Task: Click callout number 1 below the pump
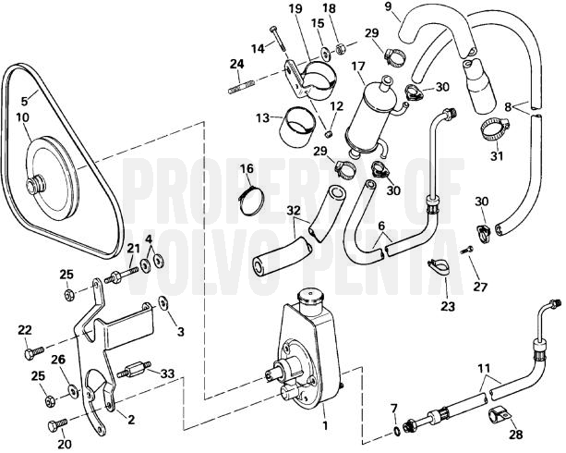pos(324,428)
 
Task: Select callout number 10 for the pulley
pos(22,117)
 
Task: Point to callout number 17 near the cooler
pos(357,67)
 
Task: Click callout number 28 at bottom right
pos(516,434)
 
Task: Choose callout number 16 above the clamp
pos(247,168)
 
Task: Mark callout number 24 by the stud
pos(235,64)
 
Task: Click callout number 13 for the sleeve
pos(263,117)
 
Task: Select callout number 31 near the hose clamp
pos(497,155)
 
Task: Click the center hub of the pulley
pos(38,184)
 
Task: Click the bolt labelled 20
pos(55,424)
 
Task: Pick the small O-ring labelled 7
pos(396,429)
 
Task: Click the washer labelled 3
pos(162,304)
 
